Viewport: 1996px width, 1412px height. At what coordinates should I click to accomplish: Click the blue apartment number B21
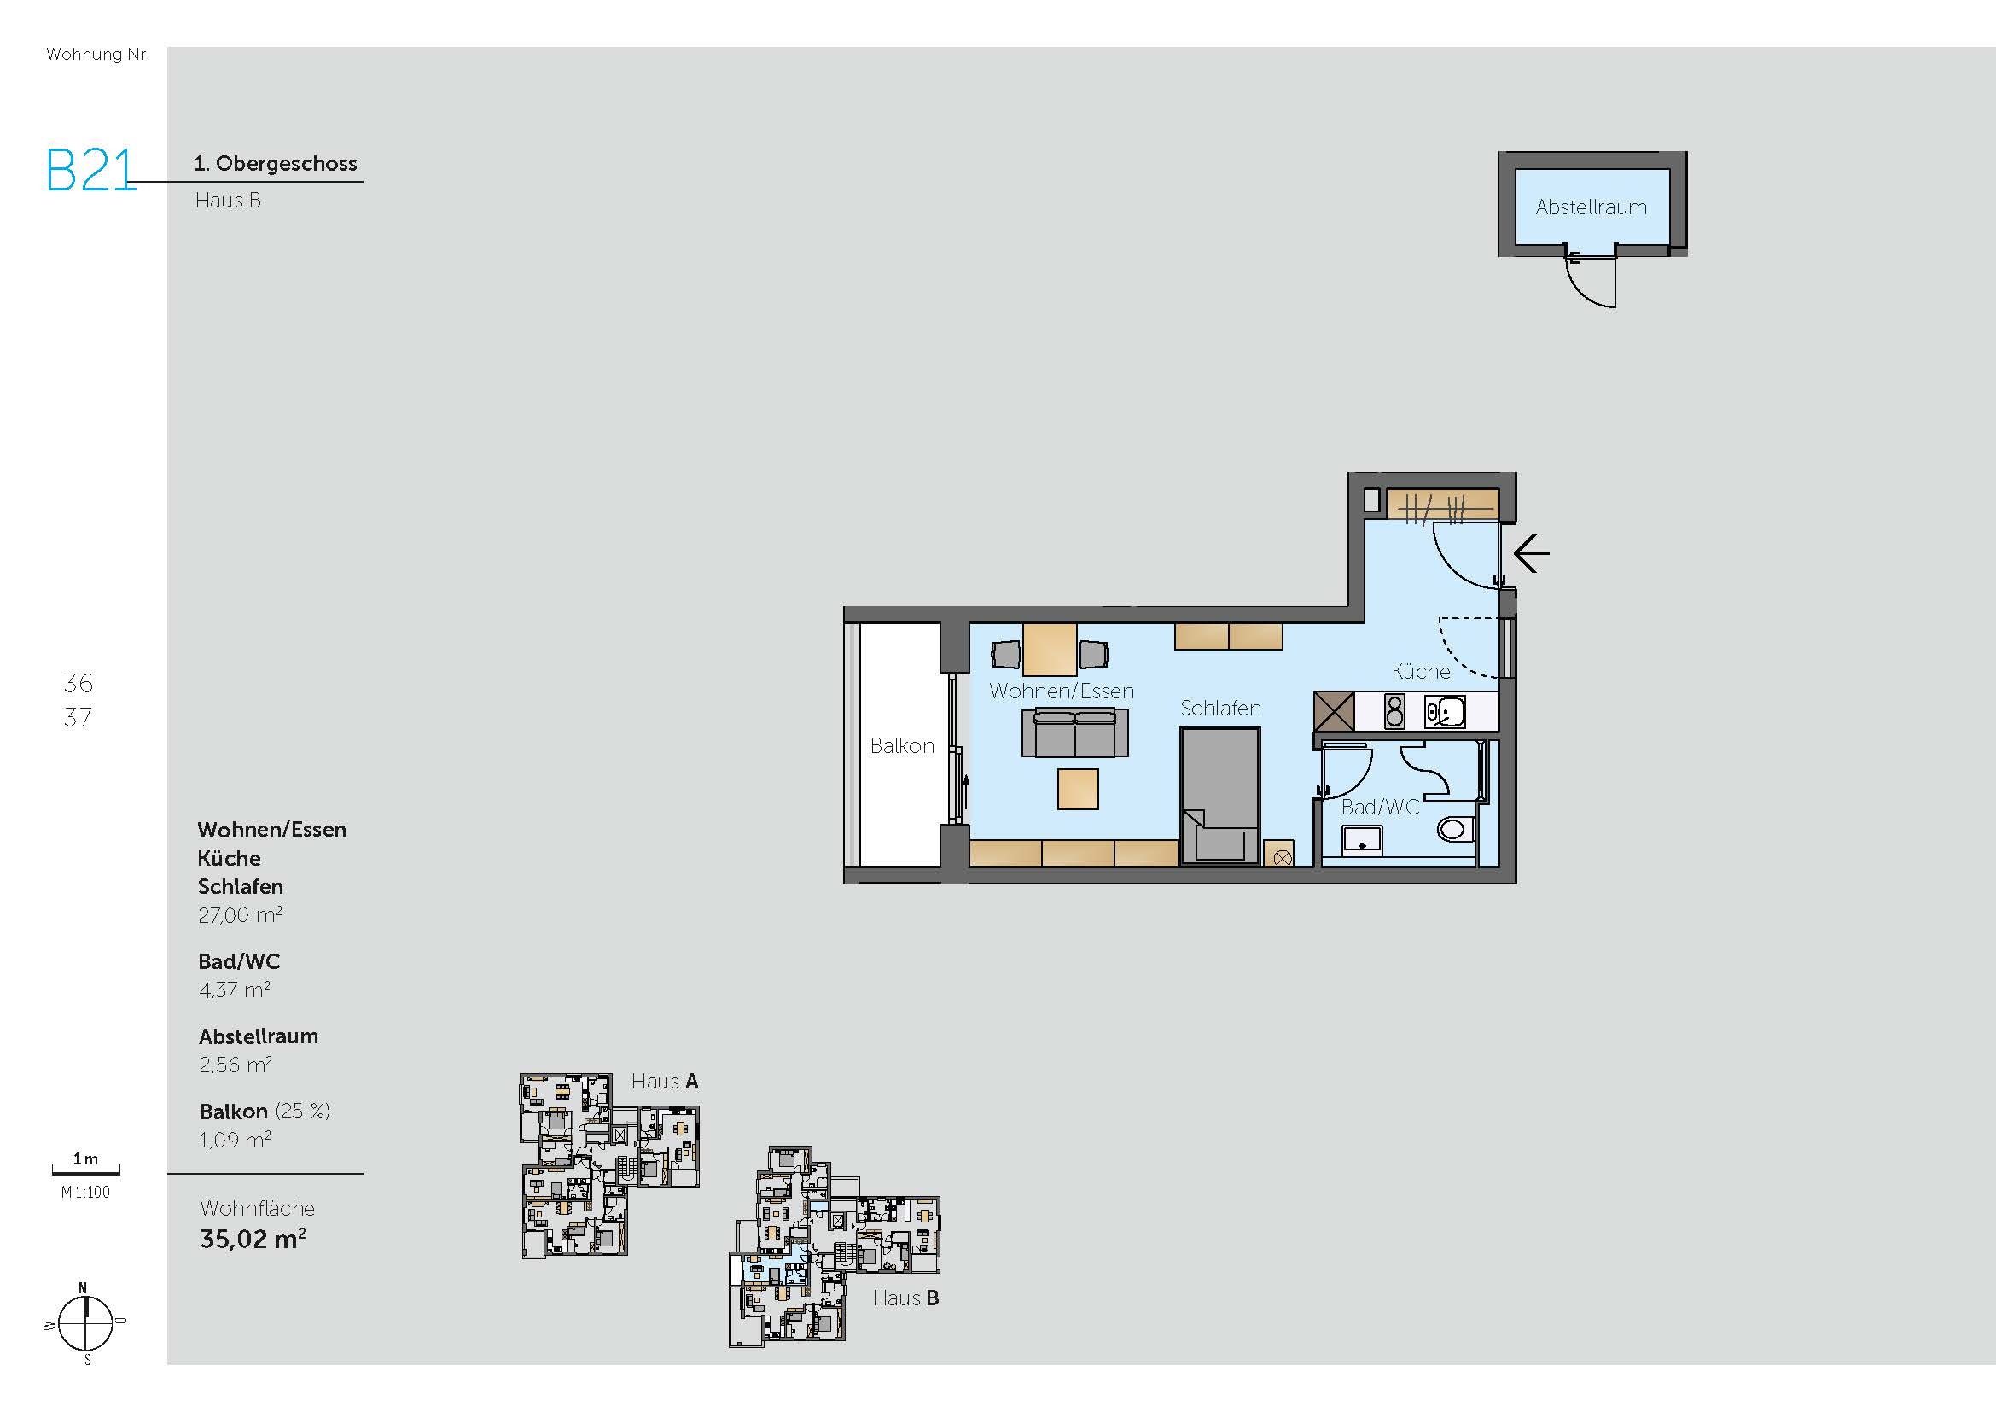click(x=91, y=170)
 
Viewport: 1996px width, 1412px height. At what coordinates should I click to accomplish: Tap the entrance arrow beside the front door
click(x=1531, y=553)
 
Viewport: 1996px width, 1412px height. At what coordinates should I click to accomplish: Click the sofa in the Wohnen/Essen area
click(x=1074, y=733)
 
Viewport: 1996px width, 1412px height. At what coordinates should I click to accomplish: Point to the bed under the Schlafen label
click(x=1219, y=796)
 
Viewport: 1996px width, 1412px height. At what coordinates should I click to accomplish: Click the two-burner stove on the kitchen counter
click(x=1394, y=711)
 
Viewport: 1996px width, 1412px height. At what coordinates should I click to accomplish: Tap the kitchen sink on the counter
click(x=1444, y=712)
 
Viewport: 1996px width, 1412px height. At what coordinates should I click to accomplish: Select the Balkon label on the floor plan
click(x=902, y=746)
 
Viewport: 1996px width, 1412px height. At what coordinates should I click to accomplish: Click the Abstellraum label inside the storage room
click(x=1591, y=207)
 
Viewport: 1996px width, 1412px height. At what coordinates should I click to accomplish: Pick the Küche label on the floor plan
click(x=1421, y=671)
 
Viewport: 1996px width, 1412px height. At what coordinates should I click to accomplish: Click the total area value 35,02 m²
click(x=253, y=1238)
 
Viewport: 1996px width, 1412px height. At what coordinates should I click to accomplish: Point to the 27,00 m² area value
click(x=240, y=914)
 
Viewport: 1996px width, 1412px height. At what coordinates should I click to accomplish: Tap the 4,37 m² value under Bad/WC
click(x=234, y=989)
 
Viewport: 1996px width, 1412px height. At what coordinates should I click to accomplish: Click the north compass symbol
click(x=85, y=1323)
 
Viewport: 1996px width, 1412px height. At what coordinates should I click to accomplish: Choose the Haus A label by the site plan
click(x=664, y=1082)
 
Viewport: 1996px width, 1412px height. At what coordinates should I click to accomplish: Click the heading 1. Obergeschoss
click(x=276, y=163)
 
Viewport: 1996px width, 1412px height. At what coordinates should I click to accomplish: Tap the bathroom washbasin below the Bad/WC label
click(x=1362, y=840)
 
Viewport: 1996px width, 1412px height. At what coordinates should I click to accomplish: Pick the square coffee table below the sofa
click(x=1078, y=789)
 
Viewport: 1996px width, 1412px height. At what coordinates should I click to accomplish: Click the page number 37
click(x=78, y=717)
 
